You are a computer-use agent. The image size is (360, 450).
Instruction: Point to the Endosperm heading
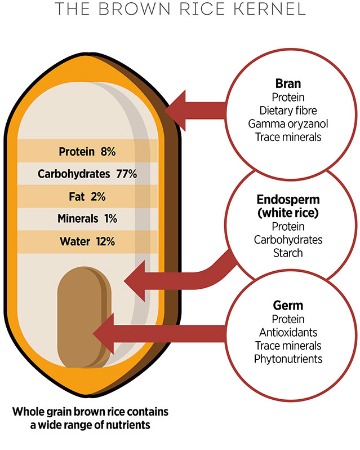click(x=287, y=201)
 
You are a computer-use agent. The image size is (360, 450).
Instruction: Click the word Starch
click(x=287, y=253)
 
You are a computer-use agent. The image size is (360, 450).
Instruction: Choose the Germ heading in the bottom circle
click(x=287, y=306)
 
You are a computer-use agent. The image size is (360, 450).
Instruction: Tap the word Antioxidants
click(x=287, y=333)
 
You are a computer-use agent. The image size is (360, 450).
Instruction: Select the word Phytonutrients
click(x=287, y=358)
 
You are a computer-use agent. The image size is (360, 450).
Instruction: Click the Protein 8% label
click(x=87, y=151)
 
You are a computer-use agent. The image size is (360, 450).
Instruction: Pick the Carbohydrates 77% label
click(x=87, y=174)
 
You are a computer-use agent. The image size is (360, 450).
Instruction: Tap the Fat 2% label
click(x=87, y=197)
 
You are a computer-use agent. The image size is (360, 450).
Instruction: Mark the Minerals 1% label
click(x=87, y=219)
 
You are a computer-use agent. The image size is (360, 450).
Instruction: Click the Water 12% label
click(x=87, y=241)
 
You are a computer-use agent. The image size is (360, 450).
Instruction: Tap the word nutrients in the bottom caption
click(x=123, y=425)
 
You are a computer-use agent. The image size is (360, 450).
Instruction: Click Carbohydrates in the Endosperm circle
click(x=287, y=240)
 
